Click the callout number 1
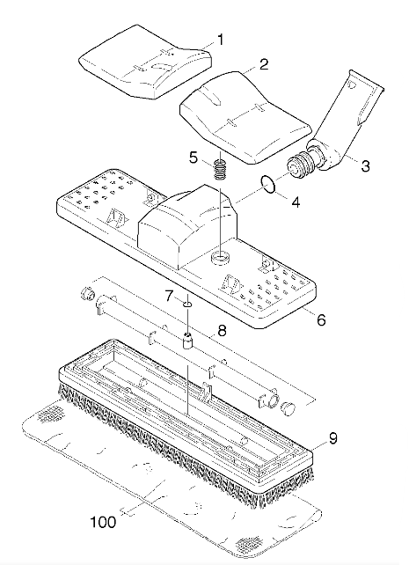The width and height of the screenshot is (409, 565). click(220, 40)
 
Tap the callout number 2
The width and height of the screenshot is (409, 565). click(264, 65)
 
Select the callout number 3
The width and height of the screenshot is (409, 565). click(365, 166)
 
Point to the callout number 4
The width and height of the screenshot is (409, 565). click(296, 202)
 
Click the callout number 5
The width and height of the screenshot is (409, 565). click(194, 158)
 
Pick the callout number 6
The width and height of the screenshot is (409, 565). click(320, 319)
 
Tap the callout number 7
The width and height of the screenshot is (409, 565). click(169, 297)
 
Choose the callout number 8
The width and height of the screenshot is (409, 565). click(222, 330)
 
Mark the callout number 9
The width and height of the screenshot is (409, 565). click(332, 438)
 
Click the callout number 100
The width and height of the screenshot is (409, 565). click(103, 522)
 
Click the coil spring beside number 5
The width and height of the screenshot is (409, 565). click(219, 169)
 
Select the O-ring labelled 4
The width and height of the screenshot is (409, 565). click(269, 184)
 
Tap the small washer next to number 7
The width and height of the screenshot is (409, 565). click(187, 305)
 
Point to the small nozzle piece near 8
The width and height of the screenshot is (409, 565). click(187, 341)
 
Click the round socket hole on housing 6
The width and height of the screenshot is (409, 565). click(221, 258)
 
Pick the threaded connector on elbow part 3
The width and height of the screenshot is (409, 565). click(299, 165)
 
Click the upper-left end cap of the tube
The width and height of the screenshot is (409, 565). click(86, 292)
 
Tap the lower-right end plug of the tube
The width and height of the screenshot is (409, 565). click(288, 409)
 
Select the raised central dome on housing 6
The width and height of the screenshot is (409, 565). click(187, 225)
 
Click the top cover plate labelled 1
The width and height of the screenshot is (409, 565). click(145, 62)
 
